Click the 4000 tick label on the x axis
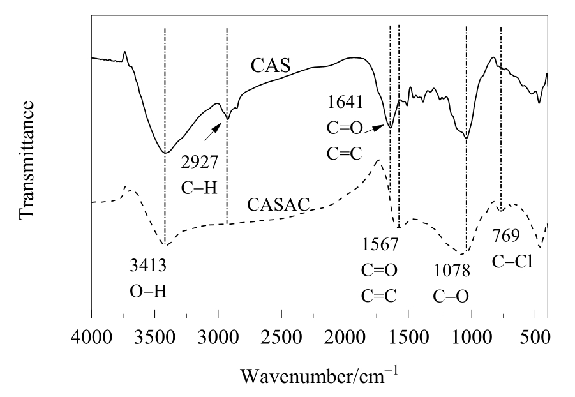point(92,338)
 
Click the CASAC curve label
point(278,205)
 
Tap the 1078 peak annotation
point(451,271)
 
